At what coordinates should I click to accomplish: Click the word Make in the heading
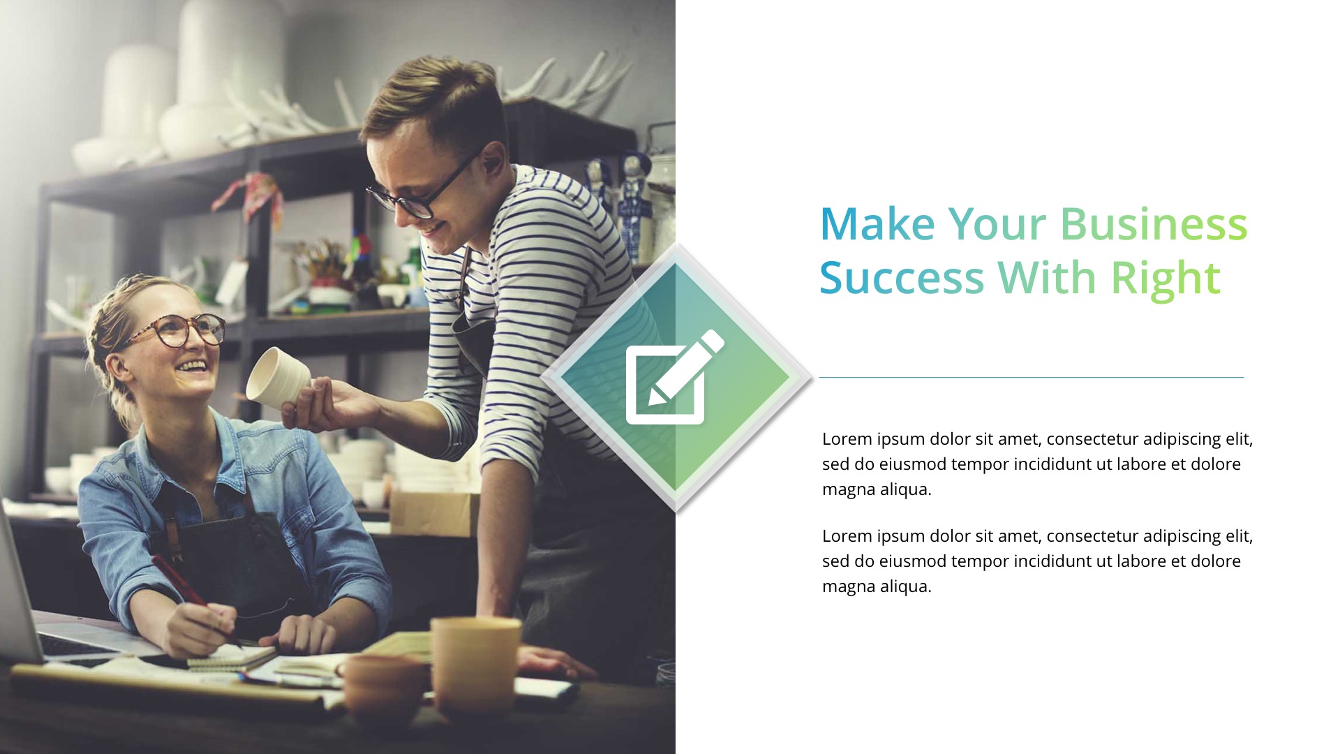877,224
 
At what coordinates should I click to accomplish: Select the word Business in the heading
1153,224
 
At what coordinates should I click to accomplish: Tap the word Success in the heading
901,278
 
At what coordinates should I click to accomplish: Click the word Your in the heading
997,224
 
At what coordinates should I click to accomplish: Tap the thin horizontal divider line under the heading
1031,378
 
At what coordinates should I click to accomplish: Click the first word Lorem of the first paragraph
847,439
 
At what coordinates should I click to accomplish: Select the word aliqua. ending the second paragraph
904,586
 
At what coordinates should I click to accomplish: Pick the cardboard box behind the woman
433,513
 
